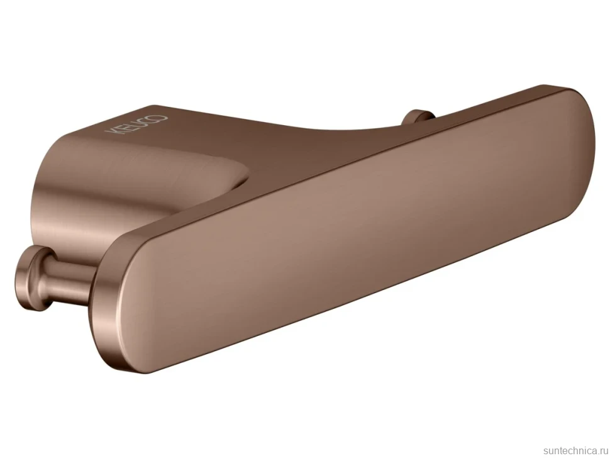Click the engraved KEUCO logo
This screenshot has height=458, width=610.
(x=136, y=125)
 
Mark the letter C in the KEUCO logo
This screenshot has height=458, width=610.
(x=150, y=121)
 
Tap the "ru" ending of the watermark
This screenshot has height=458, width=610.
(x=604, y=451)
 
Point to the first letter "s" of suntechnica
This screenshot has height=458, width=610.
(x=545, y=451)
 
